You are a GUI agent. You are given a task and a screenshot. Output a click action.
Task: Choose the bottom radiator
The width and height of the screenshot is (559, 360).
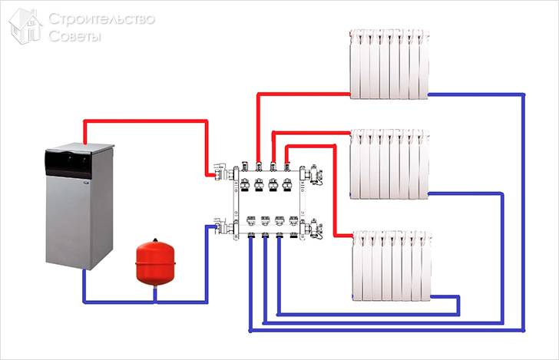click(391, 266)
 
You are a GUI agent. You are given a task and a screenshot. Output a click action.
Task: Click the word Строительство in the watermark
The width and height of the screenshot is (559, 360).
click(101, 18)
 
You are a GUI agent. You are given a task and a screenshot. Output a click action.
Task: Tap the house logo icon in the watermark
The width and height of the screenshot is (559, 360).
click(26, 27)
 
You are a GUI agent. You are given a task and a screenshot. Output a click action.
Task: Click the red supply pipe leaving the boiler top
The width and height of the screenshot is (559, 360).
click(146, 121)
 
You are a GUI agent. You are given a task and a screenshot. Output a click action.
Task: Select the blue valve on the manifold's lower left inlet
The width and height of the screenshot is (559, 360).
click(218, 227)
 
